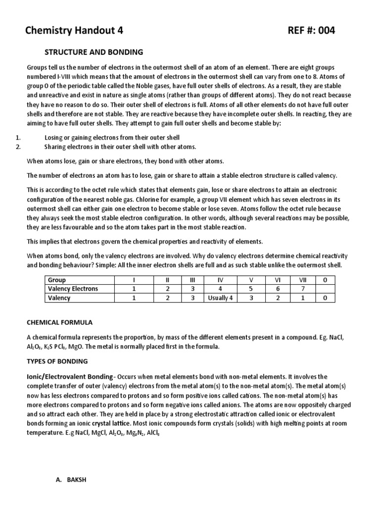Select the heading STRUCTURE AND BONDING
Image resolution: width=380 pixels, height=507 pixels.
click(94, 52)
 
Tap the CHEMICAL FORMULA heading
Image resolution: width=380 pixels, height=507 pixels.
click(59, 322)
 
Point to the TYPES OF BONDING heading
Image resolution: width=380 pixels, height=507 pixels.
click(57, 361)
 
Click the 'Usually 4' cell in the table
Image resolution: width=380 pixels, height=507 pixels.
click(221, 298)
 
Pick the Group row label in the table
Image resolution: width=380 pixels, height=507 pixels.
click(57, 280)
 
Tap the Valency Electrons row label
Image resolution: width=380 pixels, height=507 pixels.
click(73, 289)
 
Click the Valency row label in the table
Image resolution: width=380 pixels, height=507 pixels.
click(59, 298)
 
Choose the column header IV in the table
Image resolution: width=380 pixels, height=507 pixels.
click(221, 280)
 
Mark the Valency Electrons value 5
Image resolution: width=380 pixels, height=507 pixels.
click(250, 289)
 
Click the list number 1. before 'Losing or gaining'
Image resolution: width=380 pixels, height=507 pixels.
click(18, 137)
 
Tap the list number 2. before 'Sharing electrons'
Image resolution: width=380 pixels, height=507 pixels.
click(18, 147)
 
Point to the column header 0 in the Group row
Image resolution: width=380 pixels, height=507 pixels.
click(325, 280)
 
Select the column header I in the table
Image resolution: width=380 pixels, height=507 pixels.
click(133, 280)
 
